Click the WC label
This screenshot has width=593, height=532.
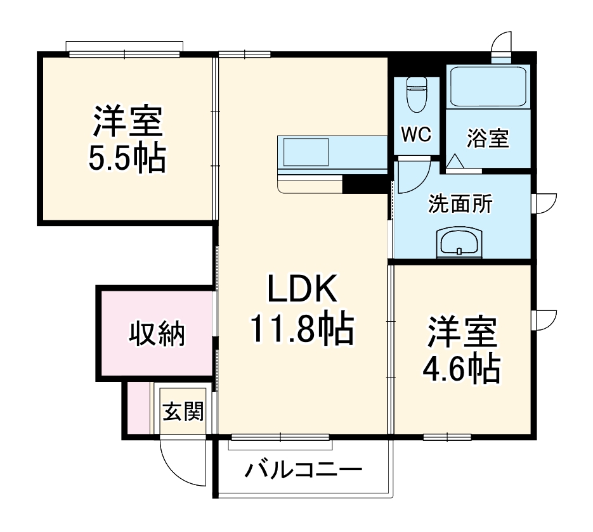(415, 134)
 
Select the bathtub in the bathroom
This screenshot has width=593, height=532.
(488, 87)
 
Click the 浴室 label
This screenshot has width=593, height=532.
(488, 139)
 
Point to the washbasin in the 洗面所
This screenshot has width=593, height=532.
(460, 243)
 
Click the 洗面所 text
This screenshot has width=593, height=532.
(460, 204)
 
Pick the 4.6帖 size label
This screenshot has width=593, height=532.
(461, 369)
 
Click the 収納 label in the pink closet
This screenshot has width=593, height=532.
(157, 334)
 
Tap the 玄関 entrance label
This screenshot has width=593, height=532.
(183, 412)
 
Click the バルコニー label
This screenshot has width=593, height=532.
(304, 471)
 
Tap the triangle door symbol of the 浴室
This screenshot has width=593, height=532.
(455, 162)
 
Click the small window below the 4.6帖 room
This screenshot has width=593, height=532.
(446, 436)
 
